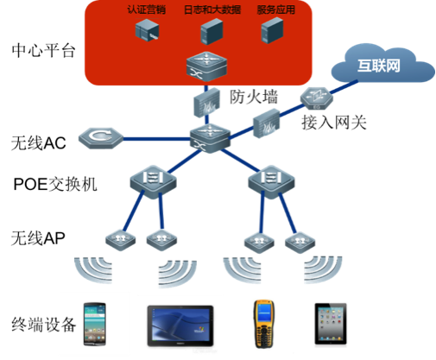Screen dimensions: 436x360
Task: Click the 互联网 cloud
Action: tap(382, 64)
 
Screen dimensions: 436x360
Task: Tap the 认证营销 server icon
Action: tap(147, 29)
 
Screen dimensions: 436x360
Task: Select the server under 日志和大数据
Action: tap(212, 31)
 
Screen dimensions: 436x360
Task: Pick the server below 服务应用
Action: tap(272, 30)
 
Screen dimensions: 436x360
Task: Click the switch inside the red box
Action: tap(206, 66)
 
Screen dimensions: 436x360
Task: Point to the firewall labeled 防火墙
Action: tap(206, 103)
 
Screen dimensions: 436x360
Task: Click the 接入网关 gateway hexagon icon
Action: tap(317, 98)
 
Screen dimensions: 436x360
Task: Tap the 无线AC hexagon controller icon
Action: tap(101, 138)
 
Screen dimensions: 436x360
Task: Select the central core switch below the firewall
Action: tap(210, 138)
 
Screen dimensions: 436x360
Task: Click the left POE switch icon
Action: tap(153, 181)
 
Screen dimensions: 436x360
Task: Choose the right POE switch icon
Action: tap(271, 181)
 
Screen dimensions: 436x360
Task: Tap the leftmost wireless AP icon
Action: tap(121, 241)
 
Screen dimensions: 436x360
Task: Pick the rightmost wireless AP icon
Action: tap(300, 243)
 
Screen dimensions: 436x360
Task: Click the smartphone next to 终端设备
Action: tap(95, 324)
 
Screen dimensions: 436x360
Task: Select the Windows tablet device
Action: tap(180, 325)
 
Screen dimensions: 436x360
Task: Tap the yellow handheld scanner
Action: tap(263, 324)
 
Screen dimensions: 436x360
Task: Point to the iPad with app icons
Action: tap(331, 324)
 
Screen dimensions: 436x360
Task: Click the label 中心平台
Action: tap(43, 51)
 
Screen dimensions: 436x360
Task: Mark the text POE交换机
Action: tap(55, 184)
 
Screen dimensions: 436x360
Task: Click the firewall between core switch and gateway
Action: tap(266, 123)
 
